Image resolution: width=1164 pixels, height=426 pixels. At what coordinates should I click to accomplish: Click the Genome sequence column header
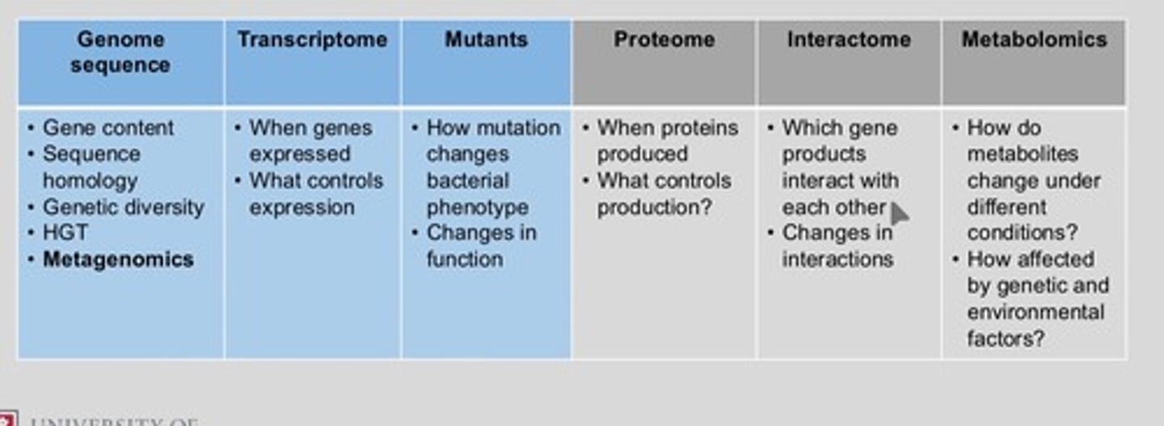pyautogui.click(x=120, y=53)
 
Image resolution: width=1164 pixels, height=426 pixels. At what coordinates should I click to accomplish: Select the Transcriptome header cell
pyautogui.click(x=312, y=40)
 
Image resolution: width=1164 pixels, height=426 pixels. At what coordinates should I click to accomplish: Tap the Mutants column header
pyautogui.click(x=486, y=40)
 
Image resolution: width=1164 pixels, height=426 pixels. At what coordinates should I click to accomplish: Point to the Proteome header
pyautogui.click(x=664, y=40)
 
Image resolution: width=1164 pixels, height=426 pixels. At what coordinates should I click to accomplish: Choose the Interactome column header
pyautogui.click(x=849, y=40)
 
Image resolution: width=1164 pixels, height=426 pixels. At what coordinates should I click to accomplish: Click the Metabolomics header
pyautogui.click(x=1034, y=40)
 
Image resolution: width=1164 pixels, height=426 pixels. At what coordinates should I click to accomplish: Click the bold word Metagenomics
pyautogui.click(x=118, y=259)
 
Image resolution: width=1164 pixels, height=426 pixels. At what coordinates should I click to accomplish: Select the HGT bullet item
pyautogui.click(x=65, y=233)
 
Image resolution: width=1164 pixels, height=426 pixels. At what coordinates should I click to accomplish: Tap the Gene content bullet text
pyautogui.click(x=108, y=128)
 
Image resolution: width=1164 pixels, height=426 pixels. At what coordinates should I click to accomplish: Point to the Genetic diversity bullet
pyautogui.click(x=123, y=207)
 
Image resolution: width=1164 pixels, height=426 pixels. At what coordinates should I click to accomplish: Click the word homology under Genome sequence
pyautogui.click(x=90, y=180)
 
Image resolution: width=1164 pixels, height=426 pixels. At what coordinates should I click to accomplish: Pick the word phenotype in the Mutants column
pyautogui.click(x=477, y=207)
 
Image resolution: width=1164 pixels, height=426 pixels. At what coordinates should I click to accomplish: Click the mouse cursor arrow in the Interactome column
pyautogui.click(x=899, y=213)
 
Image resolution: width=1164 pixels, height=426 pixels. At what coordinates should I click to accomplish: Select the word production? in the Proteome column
pyautogui.click(x=654, y=207)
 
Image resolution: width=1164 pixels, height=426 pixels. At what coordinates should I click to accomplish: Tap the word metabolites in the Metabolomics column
pyautogui.click(x=1023, y=154)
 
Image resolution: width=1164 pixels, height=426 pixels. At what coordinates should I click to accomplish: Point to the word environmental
pyautogui.click(x=1035, y=312)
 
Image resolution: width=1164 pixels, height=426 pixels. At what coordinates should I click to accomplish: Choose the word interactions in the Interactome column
pyautogui.click(x=837, y=259)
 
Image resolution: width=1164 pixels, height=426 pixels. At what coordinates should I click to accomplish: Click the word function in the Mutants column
pyautogui.click(x=465, y=259)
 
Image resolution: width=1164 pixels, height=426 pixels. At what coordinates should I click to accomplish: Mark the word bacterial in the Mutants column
pyautogui.click(x=467, y=180)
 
